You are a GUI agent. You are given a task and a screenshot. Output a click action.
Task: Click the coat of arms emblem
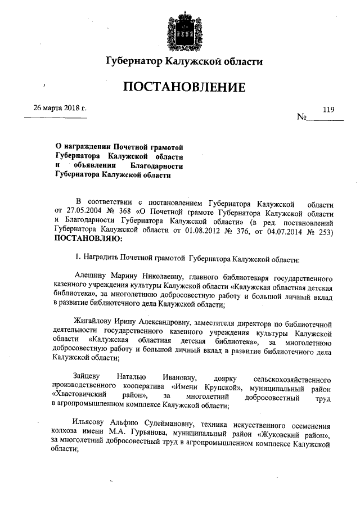click(179, 30)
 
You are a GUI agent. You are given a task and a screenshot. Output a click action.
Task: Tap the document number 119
click(328, 110)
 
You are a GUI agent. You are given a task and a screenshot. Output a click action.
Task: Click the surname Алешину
click(91, 278)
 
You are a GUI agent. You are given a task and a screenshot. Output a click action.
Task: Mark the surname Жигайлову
click(95, 324)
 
